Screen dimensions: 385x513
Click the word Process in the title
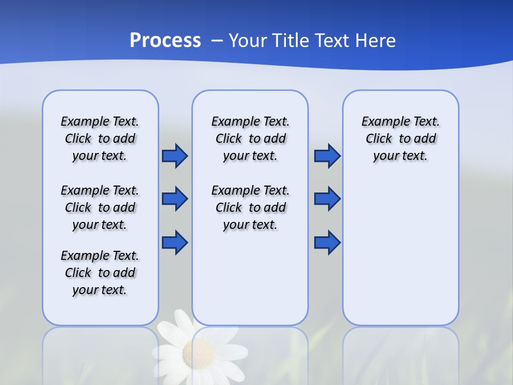(x=165, y=41)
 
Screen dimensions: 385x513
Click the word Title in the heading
(x=291, y=41)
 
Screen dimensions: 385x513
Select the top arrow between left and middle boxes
(x=175, y=156)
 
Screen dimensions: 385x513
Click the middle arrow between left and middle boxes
(x=175, y=199)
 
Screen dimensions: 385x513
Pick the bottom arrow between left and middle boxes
(x=175, y=243)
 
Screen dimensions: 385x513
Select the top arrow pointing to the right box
(x=327, y=156)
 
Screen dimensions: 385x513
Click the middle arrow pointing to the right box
(x=327, y=199)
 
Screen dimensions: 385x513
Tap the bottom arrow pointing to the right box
(x=327, y=243)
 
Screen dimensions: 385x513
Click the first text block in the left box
(x=100, y=138)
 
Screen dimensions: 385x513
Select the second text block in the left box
(x=100, y=207)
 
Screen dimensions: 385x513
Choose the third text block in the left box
(x=100, y=273)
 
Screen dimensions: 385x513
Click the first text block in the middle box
(x=251, y=138)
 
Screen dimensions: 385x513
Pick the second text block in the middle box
(x=251, y=207)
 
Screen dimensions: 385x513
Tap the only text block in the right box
(x=401, y=138)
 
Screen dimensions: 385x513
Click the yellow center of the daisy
(x=199, y=353)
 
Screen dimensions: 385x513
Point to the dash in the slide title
(x=217, y=41)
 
